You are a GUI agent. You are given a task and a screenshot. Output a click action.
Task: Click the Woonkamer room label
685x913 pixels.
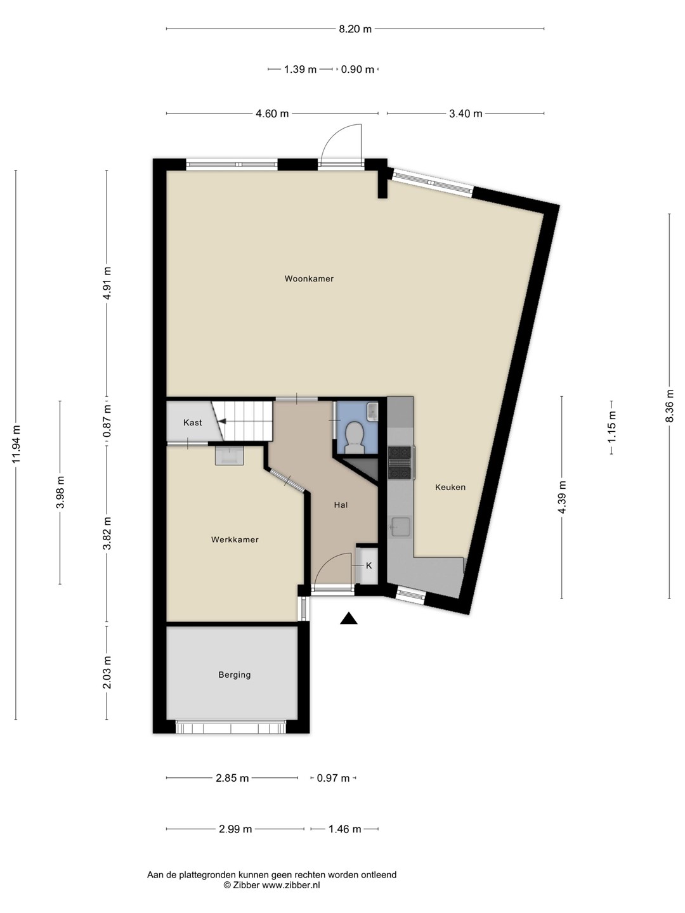309,279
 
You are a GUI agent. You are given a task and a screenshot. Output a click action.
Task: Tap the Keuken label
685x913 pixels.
450,487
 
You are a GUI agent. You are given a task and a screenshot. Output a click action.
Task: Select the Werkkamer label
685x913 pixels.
235,540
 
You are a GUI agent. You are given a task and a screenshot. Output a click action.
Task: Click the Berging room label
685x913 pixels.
235,675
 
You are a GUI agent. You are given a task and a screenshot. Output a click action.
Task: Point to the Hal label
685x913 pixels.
341,505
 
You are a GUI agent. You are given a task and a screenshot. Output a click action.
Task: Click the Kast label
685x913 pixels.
193,423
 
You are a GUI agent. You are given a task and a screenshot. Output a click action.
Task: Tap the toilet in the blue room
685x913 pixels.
355,436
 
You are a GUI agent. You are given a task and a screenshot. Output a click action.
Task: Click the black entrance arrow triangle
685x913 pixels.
349,619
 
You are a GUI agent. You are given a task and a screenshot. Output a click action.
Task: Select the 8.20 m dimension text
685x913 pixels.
355,29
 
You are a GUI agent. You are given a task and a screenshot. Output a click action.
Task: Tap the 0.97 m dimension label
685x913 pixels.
333,778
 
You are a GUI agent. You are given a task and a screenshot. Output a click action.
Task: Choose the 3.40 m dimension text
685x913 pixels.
466,113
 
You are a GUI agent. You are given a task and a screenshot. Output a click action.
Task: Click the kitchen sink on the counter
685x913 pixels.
400,527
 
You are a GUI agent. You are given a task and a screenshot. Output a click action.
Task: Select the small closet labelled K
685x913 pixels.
369,566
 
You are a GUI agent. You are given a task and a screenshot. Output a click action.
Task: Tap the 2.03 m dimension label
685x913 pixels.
107,671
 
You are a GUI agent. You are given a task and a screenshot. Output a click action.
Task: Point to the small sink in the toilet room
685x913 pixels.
372,411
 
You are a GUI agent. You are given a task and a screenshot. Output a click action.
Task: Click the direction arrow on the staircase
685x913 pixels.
223,422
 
